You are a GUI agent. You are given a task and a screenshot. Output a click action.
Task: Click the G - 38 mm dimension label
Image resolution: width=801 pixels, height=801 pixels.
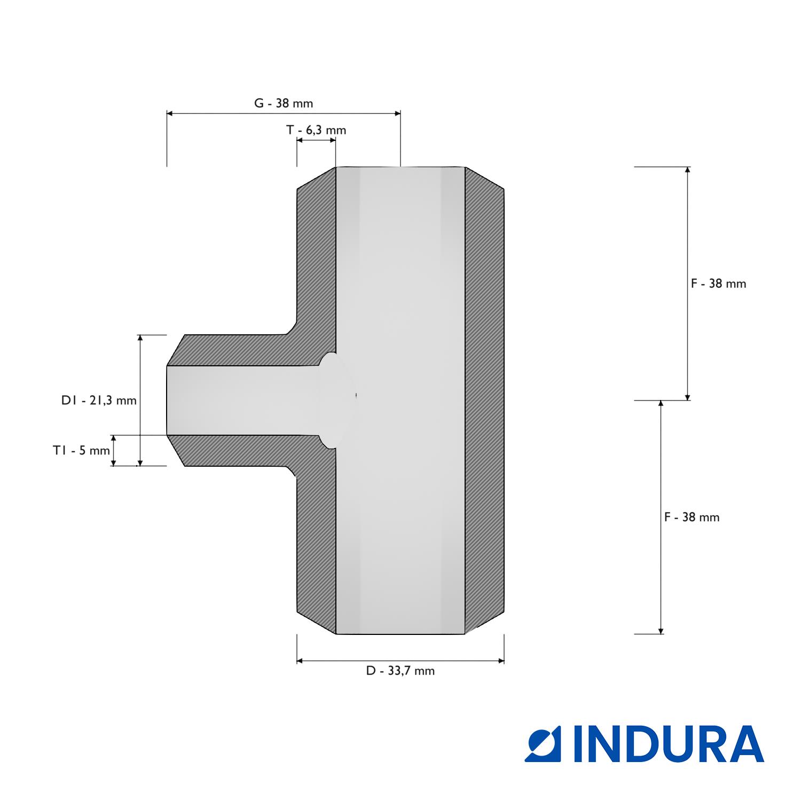tap(283, 103)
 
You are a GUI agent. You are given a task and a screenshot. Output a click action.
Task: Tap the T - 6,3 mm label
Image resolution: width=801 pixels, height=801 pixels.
tap(316, 130)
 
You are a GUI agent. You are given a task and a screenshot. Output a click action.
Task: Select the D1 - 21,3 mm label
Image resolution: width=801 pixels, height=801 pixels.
tap(99, 400)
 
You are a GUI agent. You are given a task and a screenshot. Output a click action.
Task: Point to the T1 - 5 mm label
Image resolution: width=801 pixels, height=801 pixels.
tap(81, 450)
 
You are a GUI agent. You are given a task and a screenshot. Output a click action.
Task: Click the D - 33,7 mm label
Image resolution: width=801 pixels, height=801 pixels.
tap(400, 671)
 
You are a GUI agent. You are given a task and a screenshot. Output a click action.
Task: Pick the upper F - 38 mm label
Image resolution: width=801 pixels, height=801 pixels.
tap(718, 284)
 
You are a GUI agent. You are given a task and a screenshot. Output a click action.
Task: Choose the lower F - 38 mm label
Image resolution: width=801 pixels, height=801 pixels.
tap(692, 517)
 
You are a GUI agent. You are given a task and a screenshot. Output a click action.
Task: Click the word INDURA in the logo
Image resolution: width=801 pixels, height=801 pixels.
tap(669, 744)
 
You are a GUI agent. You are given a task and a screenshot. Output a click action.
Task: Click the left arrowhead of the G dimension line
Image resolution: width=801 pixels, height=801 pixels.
tap(170, 113)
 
